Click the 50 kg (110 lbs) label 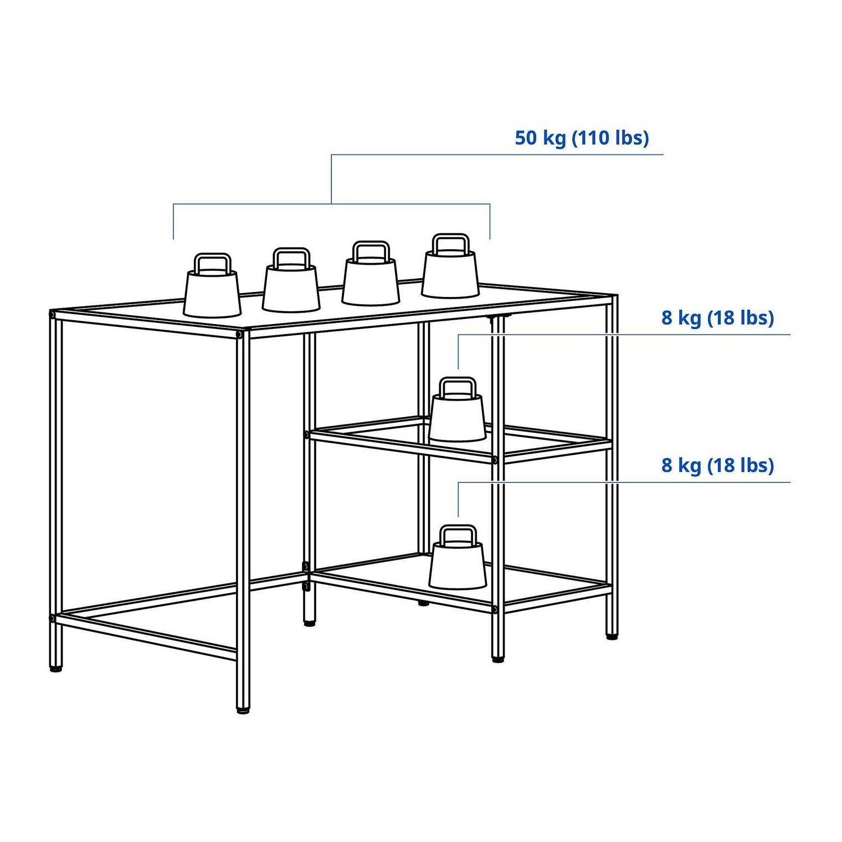(x=582, y=138)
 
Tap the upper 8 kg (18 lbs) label (x=717, y=318)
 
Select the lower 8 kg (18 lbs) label (x=717, y=465)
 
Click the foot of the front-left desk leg (x=243, y=710)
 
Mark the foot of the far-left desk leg (x=56, y=669)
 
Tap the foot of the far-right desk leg (x=612, y=636)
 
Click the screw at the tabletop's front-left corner (x=239, y=335)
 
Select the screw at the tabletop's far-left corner (x=52, y=315)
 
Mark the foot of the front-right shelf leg (x=498, y=659)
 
